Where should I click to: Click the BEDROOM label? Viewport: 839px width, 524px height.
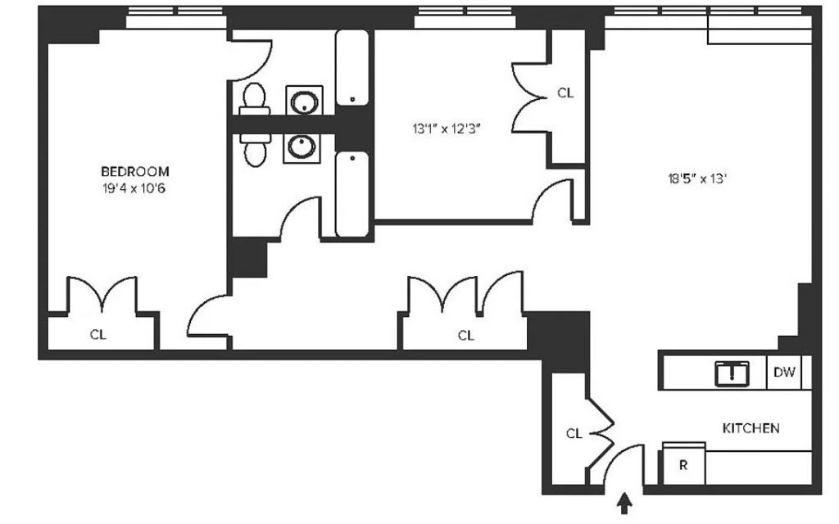click(135, 172)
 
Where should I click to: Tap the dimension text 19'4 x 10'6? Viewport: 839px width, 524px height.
click(134, 189)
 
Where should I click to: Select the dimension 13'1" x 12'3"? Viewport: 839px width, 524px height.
click(447, 129)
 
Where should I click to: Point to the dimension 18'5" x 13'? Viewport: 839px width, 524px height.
click(697, 178)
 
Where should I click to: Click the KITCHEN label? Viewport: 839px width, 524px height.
click(751, 428)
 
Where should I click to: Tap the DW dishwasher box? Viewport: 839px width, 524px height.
click(784, 373)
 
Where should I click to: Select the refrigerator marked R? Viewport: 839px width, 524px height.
click(684, 464)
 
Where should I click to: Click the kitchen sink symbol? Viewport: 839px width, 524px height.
click(732, 373)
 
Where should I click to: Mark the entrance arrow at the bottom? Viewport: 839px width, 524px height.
click(624, 504)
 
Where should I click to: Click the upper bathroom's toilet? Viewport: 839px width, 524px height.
click(254, 99)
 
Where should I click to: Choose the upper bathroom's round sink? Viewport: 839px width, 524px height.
click(305, 101)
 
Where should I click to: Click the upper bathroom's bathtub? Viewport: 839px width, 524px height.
click(352, 68)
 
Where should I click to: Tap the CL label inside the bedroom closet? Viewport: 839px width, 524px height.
click(98, 335)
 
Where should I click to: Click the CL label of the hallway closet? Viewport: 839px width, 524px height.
click(466, 335)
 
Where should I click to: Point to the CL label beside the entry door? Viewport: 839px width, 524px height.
click(574, 434)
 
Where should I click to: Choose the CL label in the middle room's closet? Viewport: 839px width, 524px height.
click(565, 93)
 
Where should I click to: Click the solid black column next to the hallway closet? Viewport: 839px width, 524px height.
click(559, 342)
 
